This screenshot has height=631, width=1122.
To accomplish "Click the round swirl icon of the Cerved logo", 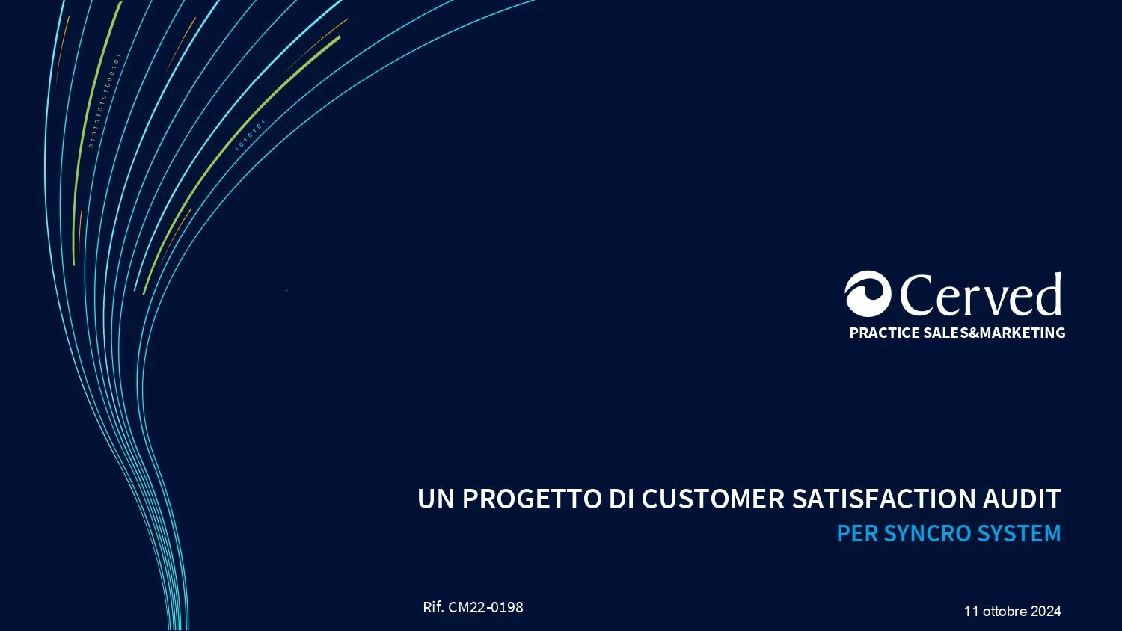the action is [x=868, y=294].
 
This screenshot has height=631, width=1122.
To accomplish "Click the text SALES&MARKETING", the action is [x=994, y=333].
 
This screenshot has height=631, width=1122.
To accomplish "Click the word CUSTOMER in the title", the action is [x=713, y=499].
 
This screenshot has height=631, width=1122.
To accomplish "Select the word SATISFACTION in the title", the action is [x=883, y=499].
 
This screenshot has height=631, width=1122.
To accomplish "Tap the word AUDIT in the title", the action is [x=1022, y=499].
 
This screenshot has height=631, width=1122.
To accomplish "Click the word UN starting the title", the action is [x=436, y=499].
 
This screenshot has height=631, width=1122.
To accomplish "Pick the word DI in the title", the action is [x=621, y=499].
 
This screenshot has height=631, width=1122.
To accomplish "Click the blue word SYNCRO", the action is [x=928, y=533].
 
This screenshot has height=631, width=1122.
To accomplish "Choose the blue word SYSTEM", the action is [x=1020, y=533].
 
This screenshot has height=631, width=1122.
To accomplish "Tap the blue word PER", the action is [x=857, y=533].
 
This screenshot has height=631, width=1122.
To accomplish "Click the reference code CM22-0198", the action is [x=485, y=607].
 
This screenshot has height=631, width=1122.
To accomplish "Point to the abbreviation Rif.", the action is [x=433, y=607].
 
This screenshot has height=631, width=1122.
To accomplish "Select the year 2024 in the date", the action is [x=1046, y=611].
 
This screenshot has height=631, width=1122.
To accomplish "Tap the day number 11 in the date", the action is [x=971, y=611].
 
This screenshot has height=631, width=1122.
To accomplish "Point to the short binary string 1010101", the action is [x=251, y=135].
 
